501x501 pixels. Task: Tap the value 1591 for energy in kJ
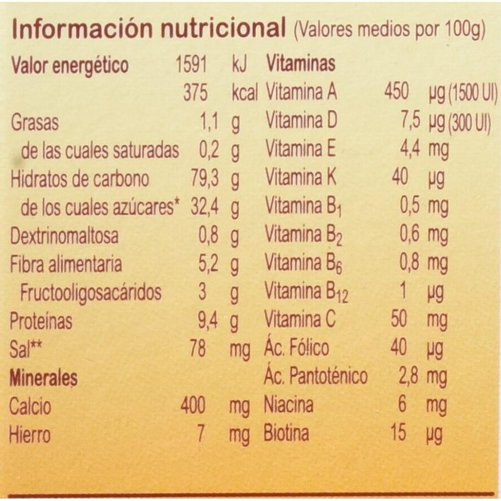click(191, 65)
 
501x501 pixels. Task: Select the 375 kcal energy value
click(195, 94)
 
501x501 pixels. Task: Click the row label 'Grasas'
click(34, 123)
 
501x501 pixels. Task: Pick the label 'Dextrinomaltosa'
click(64, 236)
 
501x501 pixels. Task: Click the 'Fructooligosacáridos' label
click(91, 292)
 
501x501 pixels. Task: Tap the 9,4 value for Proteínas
click(208, 321)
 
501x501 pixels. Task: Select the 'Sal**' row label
click(24, 349)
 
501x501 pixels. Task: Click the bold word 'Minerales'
click(43, 378)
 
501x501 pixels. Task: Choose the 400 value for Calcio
click(193, 406)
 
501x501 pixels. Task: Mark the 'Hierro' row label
click(30, 435)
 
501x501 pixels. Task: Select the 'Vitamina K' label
click(301, 178)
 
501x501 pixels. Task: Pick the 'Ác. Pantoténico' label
click(315, 377)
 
